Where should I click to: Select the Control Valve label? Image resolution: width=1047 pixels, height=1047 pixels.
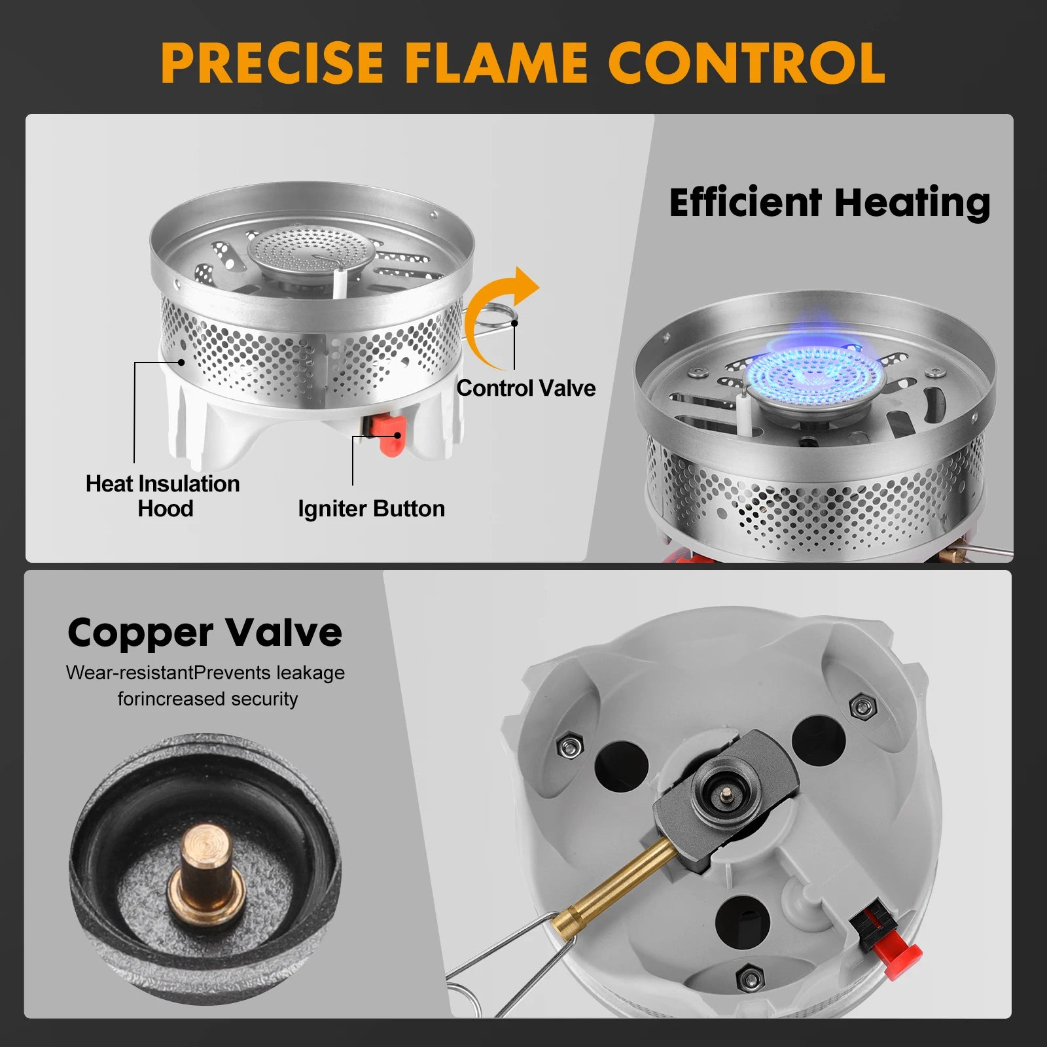[x=526, y=388]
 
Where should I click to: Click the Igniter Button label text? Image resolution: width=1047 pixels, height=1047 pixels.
[x=371, y=508]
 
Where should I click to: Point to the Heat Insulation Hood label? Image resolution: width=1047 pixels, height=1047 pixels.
[x=163, y=496]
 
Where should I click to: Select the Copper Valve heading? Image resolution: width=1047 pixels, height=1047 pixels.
[x=205, y=633]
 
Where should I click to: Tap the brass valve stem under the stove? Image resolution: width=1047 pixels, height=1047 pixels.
[x=622, y=890]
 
